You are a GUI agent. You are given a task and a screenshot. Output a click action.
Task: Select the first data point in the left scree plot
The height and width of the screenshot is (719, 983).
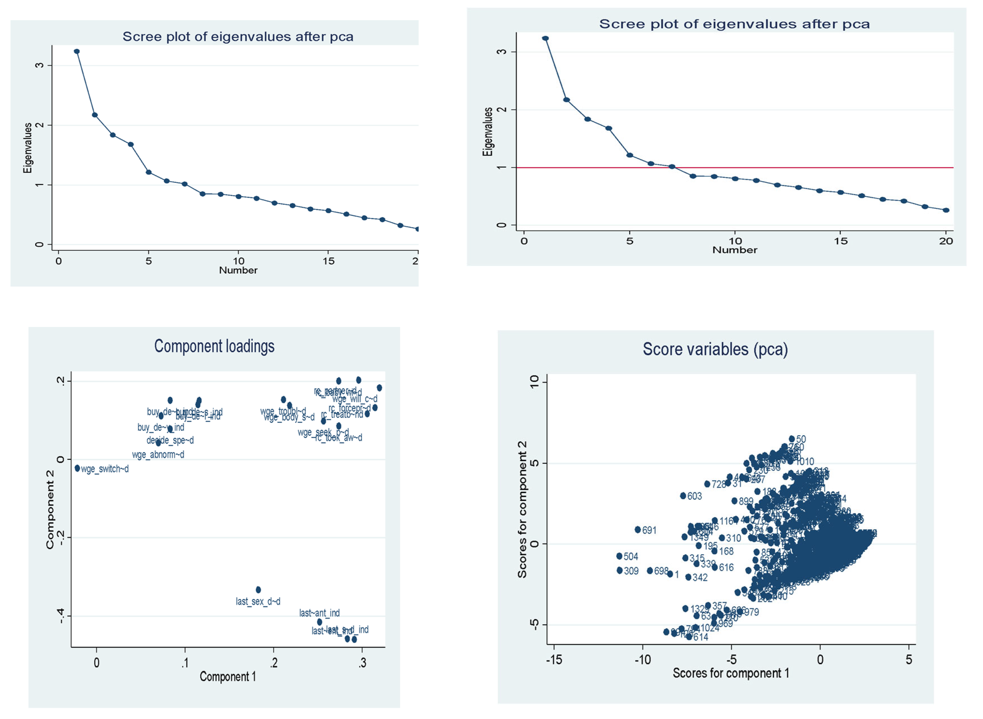coord(77,51)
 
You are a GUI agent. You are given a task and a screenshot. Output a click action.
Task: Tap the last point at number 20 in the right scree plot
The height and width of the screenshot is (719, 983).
coord(946,210)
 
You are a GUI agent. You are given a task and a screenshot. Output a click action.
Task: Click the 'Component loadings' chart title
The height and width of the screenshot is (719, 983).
coord(214,346)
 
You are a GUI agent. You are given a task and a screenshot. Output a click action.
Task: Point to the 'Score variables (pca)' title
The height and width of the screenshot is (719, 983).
coord(715,349)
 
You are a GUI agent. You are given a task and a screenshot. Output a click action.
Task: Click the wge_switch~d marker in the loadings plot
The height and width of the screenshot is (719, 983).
coord(77,468)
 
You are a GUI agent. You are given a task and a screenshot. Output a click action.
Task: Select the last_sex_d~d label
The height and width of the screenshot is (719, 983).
coord(258,602)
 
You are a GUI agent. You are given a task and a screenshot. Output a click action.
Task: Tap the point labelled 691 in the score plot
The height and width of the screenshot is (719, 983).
coord(638,530)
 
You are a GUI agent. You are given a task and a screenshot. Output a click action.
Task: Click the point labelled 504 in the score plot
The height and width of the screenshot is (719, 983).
coord(619,556)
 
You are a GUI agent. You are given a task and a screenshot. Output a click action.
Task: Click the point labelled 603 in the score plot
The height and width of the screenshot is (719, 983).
coord(683,496)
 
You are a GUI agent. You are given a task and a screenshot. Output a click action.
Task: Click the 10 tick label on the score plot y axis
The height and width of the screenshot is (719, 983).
coord(534,382)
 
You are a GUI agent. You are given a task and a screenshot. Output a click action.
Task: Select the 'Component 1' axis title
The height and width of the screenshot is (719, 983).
coord(228,677)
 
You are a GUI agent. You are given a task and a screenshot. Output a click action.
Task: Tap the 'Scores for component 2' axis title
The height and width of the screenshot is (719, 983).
coord(522,509)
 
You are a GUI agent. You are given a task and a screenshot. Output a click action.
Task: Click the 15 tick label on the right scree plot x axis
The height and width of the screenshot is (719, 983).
coord(841,241)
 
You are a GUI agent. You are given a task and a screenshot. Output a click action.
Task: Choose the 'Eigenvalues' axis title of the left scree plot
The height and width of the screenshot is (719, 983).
coord(28,148)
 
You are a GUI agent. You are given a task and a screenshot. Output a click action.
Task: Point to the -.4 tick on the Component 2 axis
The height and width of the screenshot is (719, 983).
coord(61,616)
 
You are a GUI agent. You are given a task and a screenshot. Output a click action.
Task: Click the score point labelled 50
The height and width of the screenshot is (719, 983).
coord(792,439)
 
